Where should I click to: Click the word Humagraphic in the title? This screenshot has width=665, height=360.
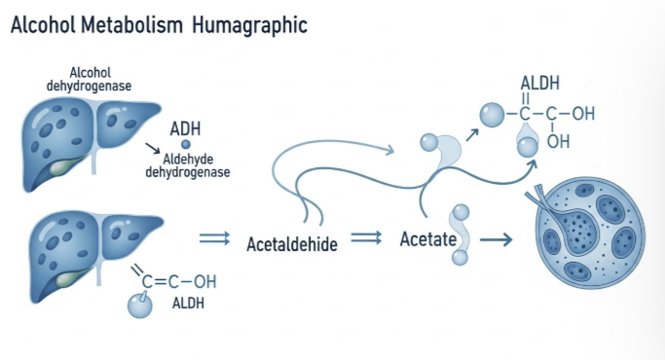coord(249,25)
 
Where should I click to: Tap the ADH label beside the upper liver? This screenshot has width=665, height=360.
coord(185,128)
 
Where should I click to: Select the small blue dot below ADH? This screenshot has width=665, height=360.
coord(186,145)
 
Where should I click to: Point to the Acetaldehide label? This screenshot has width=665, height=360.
coord(292,244)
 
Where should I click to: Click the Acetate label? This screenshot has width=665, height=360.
coord(428,239)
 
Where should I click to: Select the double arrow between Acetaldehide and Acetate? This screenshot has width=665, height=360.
coord(366,237)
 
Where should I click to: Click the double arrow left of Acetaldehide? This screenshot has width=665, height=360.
coord(215,238)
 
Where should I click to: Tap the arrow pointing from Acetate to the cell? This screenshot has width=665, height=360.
coord(497,240)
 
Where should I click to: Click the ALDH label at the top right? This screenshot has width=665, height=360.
coord(540,83)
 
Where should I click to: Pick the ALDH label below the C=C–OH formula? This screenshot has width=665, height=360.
coord(188,304)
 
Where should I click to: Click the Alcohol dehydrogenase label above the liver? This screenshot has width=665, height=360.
coord(89,79)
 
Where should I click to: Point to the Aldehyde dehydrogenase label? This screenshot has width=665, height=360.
coord(188,165)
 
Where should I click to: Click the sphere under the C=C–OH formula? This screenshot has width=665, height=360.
coord(140,306)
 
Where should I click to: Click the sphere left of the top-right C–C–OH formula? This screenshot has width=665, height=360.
coord(493,115)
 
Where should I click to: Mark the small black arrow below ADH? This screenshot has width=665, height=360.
coord(153,148)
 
